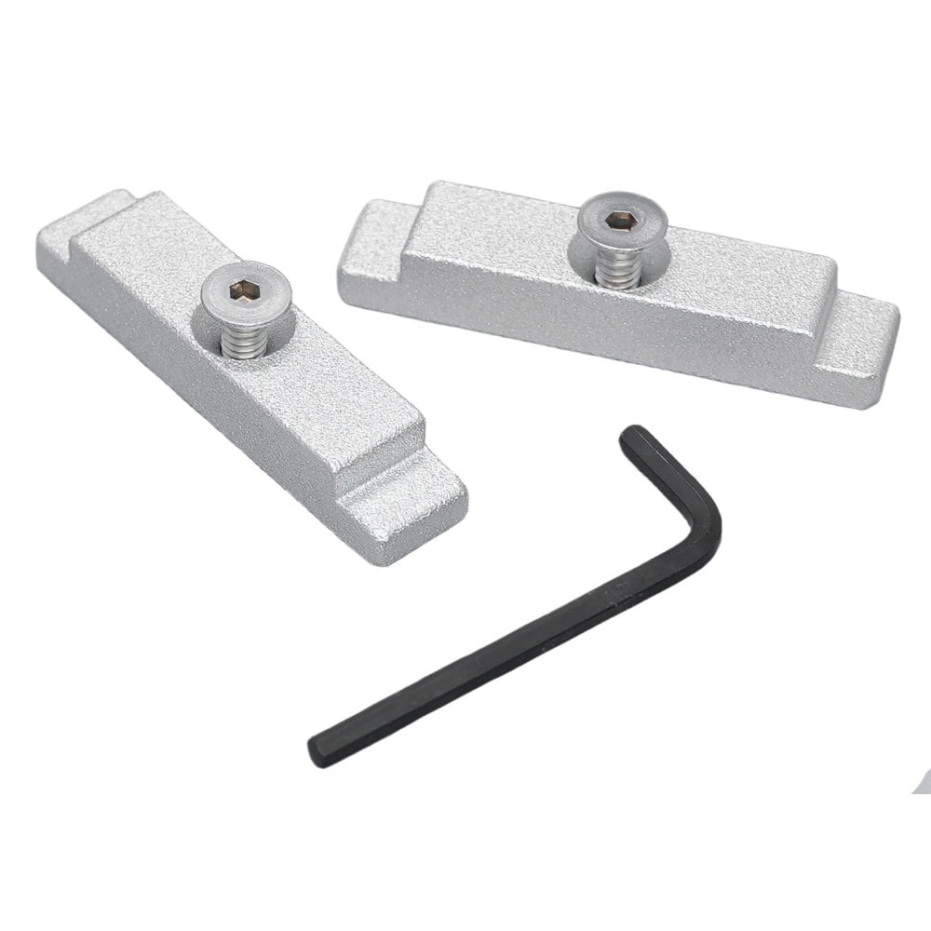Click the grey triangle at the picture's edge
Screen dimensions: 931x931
[922, 782]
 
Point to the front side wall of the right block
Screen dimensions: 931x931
[596, 321]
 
